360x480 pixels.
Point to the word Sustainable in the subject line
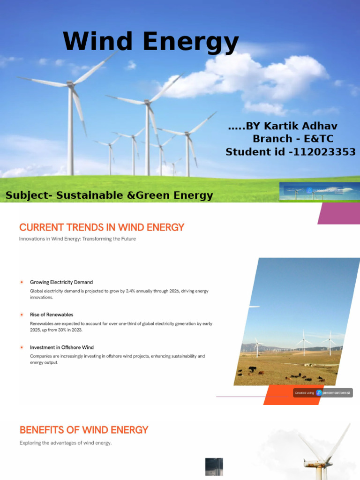tap(90, 195)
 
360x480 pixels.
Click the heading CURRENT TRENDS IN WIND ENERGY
tap(102, 227)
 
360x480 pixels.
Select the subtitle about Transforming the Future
tap(77, 239)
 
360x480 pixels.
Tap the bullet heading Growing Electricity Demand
tap(61, 282)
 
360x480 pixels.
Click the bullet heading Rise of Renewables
tap(52, 315)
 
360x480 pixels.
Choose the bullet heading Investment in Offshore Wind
tap(62, 347)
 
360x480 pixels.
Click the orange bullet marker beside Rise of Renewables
tap(22, 315)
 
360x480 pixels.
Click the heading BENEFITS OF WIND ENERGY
tap(84, 430)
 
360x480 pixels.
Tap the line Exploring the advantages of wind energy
tap(66, 442)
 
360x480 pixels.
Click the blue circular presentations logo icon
tap(319, 393)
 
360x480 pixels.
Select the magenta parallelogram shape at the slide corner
tap(339, 213)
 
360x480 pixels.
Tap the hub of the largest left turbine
tap(71, 84)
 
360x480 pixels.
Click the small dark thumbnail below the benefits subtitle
tap(214, 466)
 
